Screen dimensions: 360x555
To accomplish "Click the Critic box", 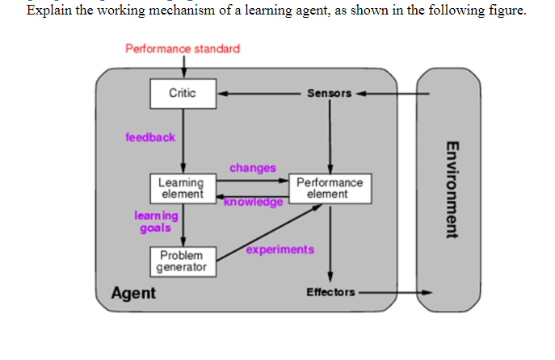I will click(x=183, y=94).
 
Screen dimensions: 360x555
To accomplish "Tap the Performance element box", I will click(x=329, y=189).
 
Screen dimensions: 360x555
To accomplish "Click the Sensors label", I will click(x=329, y=94).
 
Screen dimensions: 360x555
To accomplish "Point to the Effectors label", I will click(x=330, y=291).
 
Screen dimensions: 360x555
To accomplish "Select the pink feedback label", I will click(x=149, y=137).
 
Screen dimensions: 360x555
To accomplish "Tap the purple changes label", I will click(x=252, y=168).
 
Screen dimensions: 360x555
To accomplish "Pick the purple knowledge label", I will click(x=254, y=202).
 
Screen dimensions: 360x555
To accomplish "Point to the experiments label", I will click(x=280, y=249).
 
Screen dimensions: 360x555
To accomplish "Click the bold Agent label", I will click(x=133, y=293).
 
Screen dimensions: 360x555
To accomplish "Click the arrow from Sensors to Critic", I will click(x=259, y=94).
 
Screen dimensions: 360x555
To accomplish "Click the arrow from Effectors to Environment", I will click(x=396, y=291).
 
